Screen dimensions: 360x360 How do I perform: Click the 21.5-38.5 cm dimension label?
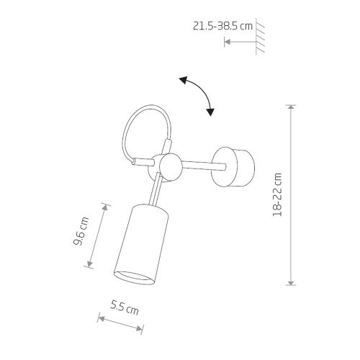point(223,26)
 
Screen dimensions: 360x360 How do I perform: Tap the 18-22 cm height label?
point(277,194)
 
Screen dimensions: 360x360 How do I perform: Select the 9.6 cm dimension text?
point(81,231)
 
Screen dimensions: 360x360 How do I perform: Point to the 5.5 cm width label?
point(125,308)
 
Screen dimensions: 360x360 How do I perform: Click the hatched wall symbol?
point(260,37)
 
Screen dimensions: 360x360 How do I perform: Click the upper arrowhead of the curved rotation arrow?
point(183,81)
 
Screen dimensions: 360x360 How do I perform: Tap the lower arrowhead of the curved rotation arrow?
point(210,112)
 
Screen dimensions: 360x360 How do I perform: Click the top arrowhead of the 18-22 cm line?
point(291,107)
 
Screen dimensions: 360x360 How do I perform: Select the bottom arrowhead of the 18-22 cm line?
point(291,283)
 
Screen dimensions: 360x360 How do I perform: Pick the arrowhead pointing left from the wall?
point(227,42)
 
